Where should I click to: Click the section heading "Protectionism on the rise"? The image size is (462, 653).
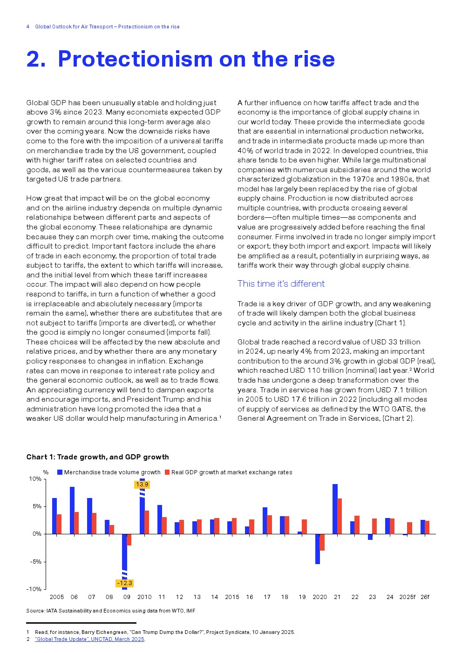(x=180, y=59)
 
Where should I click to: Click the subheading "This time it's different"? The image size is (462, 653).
(x=281, y=283)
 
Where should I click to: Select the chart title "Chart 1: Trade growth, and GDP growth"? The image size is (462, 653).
(x=97, y=457)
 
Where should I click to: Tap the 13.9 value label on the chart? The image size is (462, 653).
(x=142, y=485)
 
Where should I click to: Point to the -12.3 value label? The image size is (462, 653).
(x=124, y=583)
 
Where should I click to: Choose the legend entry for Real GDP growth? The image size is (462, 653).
(x=231, y=472)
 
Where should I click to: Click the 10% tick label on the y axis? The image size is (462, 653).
(x=35, y=479)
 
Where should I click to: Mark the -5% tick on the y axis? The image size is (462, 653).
(x=36, y=561)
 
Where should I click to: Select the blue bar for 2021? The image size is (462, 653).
(x=335, y=509)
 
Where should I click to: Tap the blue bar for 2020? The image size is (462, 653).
(x=318, y=549)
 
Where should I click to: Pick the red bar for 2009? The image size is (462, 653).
(x=129, y=539)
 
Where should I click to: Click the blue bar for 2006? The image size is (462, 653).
(x=72, y=510)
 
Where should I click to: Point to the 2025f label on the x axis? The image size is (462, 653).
(x=407, y=597)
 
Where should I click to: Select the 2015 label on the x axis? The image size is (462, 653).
(x=232, y=597)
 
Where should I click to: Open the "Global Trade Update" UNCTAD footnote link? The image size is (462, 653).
(x=89, y=639)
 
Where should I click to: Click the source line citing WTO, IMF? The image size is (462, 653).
(x=111, y=611)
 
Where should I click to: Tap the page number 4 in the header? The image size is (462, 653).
(x=28, y=27)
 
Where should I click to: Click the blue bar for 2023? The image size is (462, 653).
(x=370, y=537)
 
